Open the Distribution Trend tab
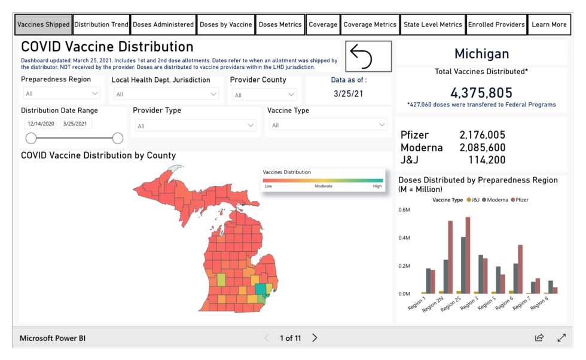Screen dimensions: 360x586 101,25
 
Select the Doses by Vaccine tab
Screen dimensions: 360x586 225,25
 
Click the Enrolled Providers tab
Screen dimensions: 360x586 496,25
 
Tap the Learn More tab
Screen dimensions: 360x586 549,25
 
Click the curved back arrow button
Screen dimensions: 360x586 368,56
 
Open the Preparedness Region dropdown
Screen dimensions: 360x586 62,93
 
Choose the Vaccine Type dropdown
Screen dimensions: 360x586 328,125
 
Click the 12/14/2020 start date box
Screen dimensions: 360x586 41,124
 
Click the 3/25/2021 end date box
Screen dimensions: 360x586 75,124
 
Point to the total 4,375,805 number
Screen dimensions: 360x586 481,93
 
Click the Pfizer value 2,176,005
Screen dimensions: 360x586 482,135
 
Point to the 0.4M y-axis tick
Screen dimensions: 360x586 404,238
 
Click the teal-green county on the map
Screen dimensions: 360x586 261,289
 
